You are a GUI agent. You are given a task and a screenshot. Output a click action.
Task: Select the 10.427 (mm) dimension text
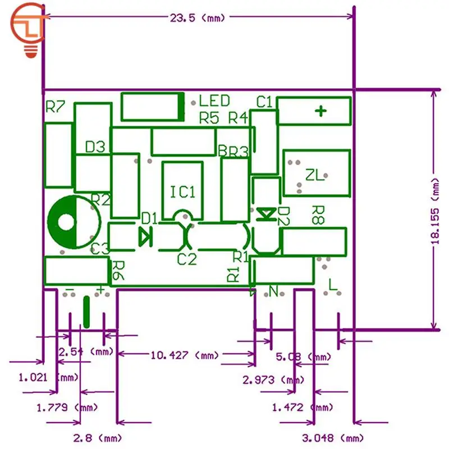(x=185, y=355)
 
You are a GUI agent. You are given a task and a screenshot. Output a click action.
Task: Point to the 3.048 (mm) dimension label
(x=328, y=437)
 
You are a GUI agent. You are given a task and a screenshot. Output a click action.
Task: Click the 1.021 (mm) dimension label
(x=49, y=377)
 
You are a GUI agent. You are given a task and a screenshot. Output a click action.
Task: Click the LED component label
(x=214, y=101)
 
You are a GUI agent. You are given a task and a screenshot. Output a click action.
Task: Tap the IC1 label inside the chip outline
(x=182, y=192)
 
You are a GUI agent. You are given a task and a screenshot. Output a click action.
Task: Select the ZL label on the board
(x=315, y=176)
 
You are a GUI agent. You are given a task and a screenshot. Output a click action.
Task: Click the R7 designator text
(x=56, y=107)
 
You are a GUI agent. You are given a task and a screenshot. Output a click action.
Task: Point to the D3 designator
(x=95, y=147)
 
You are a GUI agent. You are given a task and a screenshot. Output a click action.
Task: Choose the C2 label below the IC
(x=187, y=259)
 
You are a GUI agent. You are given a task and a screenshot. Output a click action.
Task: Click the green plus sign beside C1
(x=320, y=111)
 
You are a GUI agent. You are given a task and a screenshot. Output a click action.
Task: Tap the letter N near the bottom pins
(x=273, y=291)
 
